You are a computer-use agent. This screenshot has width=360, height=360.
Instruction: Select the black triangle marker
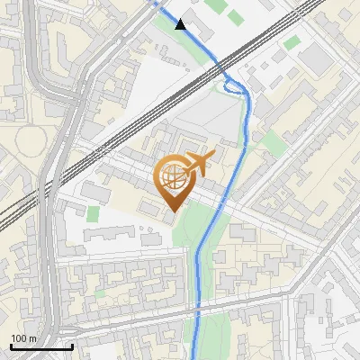click(181, 24)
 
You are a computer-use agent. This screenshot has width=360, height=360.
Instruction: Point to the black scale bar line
click(40, 347)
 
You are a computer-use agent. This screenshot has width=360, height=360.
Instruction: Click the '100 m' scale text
click(24, 338)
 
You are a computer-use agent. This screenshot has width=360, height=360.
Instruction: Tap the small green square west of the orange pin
click(94, 213)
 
